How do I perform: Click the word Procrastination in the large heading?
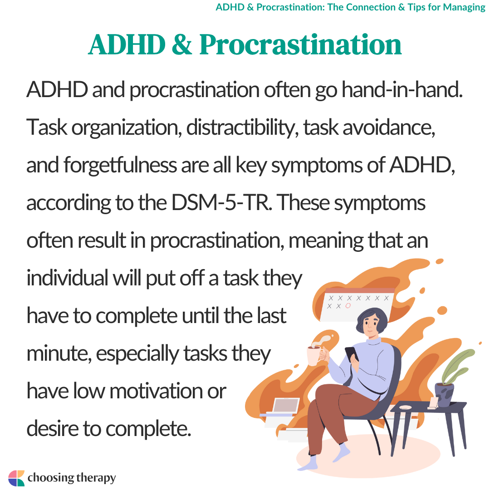[x=300, y=45]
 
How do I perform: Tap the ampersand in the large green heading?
[x=181, y=44]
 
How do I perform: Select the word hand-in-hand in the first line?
[x=402, y=89]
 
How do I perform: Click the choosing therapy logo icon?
[x=16, y=478]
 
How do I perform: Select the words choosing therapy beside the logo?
[x=72, y=478]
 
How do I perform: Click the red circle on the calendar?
[x=348, y=306]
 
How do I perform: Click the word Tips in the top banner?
[x=416, y=7]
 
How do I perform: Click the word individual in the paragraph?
[x=67, y=278]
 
